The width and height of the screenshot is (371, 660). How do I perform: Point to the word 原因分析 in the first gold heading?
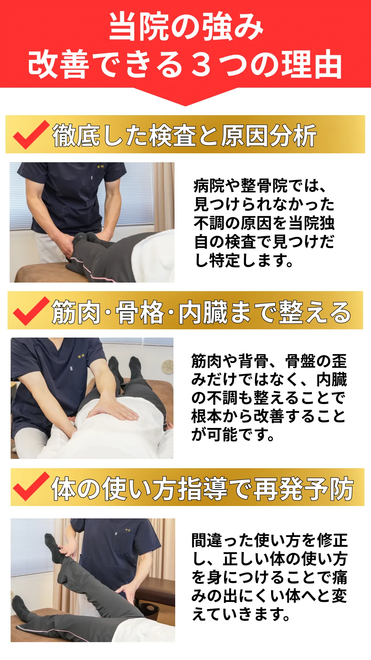click(x=268, y=135)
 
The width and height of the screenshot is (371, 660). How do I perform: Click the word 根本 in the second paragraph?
click(x=207, y=416)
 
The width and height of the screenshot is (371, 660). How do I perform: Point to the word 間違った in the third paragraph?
click(x=223, y=540)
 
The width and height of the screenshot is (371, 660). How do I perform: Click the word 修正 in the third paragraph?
click(x=332, y=540)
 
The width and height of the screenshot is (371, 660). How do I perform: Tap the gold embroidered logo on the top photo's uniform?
click(x=100, y=167)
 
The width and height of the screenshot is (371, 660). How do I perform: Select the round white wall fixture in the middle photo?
click(x=168, y=366)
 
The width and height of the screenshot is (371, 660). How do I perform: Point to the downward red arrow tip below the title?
click(x=185, y=105)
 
